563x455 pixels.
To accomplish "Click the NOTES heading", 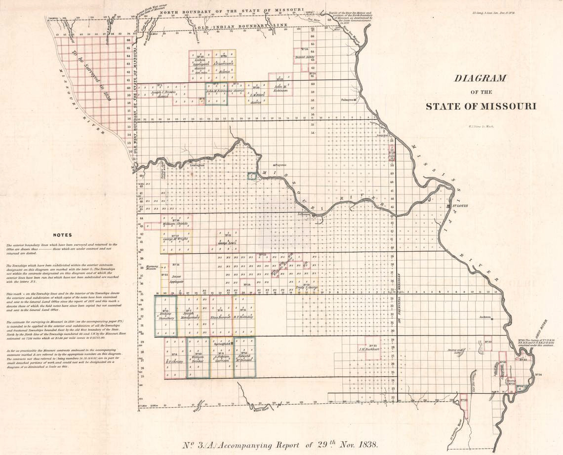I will click(x=62, y=235).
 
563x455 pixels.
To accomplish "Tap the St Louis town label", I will click(x=459, y=206).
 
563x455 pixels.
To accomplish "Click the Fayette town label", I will click(x=280, y=165).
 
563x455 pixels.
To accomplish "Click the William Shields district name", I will click(x=176, y=224).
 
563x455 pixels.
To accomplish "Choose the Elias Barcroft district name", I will click(x=221, y=317).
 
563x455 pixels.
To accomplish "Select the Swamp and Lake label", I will click(x=454, y=351).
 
